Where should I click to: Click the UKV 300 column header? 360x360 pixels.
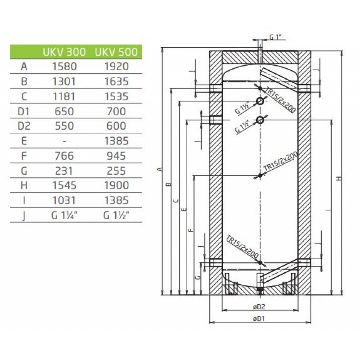pos(64,52)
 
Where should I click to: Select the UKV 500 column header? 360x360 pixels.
pos(116,52)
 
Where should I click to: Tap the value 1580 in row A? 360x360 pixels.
pos(64,67)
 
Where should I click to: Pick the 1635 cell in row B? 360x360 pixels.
pos(117,81)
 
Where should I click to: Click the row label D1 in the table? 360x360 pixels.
pos(24,111)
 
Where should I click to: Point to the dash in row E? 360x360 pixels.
pos(64,141)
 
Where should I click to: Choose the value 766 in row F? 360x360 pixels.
pos(64,156)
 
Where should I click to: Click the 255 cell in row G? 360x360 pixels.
pos(117,171)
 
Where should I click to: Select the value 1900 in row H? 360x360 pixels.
pos(117,185)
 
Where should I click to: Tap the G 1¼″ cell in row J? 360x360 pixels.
pos(64,216)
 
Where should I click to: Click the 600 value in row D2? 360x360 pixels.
pos(117,126)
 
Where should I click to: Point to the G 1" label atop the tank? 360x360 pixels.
pos(275,37)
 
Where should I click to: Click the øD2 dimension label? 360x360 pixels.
pos(259,307)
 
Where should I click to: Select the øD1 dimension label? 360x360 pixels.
pos(259,319)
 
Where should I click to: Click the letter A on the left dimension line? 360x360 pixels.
pos(161,170)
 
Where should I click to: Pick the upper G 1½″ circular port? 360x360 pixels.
pos(260,101)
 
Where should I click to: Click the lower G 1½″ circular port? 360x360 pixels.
pos(260,120)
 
